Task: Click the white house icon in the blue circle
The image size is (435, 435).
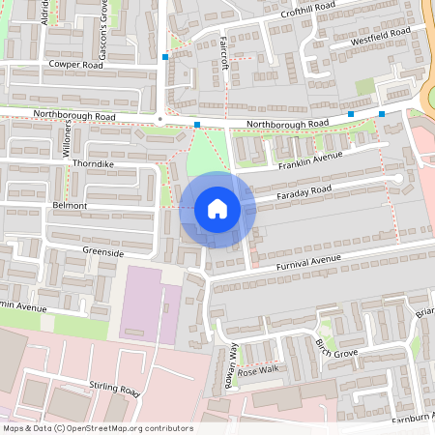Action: pos(217,209)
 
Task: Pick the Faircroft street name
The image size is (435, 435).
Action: pos(224,52)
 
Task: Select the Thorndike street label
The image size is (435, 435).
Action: pos(94,164)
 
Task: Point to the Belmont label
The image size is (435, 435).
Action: pos(71,207)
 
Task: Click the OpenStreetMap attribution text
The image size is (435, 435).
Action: pos(97,428)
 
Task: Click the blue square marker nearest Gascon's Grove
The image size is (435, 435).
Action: pos(166,57)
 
